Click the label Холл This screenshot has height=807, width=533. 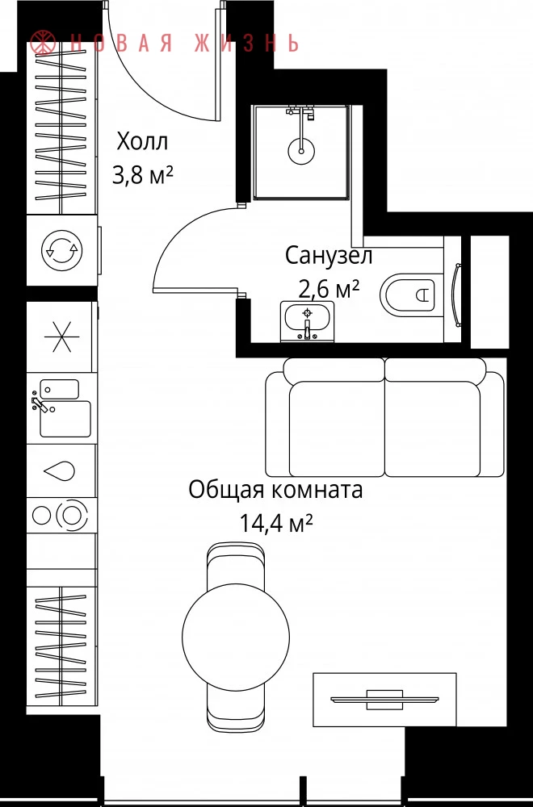coord(142,141)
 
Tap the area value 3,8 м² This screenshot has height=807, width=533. coord(143,175)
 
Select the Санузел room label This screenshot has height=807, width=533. coord(329,256)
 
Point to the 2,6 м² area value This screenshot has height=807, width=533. coord(329,289)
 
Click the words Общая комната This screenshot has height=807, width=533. coord(275,490)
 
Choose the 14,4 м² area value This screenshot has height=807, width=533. coord(276,524)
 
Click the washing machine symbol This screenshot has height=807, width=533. coord(62,250)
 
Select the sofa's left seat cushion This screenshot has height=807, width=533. coord(337,429)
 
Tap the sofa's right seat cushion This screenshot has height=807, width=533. coord(433,429)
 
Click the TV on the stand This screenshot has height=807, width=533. coord(384,700)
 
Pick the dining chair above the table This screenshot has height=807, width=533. coord(236,563)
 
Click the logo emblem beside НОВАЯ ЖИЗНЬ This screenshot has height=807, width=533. coord(44,42)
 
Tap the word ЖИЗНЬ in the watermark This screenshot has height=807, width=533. coord(246,43)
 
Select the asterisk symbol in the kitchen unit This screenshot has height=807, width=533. coord(62,337)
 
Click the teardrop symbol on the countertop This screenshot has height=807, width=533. coord(60,471)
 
